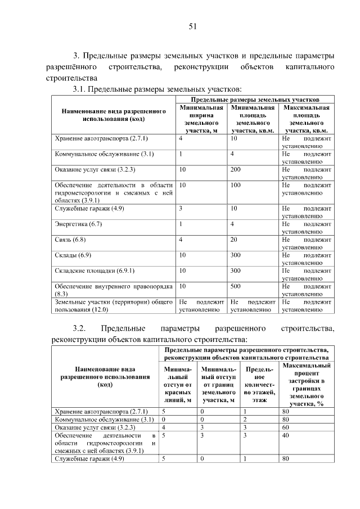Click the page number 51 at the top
point(192,26)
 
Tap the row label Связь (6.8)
point(70,240)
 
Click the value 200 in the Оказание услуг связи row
point(236,169)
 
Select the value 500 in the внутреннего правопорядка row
point(236,286)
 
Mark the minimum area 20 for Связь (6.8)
point(234,240)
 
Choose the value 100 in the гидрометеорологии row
point(236,184)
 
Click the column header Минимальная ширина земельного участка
point(201,119)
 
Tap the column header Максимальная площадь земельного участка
point(306,119)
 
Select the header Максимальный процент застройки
point(307,384)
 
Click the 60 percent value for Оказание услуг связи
point(285,427)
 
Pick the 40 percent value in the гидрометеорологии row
point(285,435)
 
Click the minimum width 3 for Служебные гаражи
point(181,208)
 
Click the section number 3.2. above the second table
point(78,328)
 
